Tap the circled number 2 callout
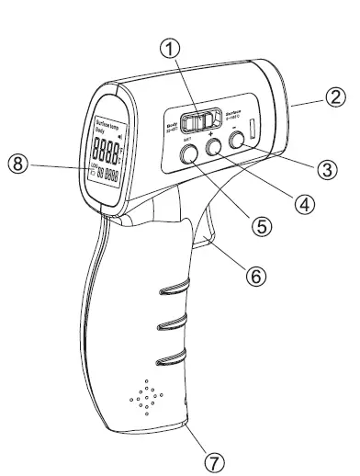(338, 96)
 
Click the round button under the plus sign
(214, 146)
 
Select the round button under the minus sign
(238, 140)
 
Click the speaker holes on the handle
(146, 396)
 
